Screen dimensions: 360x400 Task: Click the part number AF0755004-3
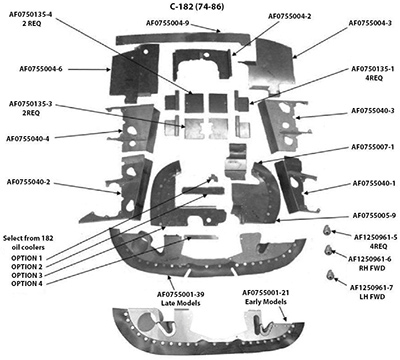click(x=364, y=21)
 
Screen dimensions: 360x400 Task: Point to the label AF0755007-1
click(x=366, y=147)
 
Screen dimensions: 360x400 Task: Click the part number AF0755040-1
click(x=366, y=184)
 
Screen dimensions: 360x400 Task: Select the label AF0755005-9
click(x=366, y=216)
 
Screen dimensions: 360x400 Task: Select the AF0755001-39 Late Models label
click(x=187, y=298)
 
